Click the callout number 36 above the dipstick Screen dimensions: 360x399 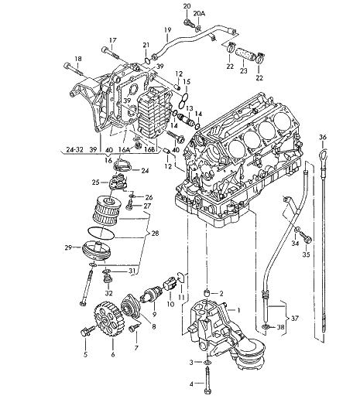click(x=323, y=137)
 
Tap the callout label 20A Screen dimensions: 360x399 click(x=199, y=14)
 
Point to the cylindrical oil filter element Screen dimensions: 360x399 click(x=105, y=210)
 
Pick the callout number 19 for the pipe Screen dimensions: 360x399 click(x=168, y=30)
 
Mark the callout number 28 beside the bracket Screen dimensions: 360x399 click(x=156, y=234)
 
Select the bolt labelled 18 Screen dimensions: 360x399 click(x=74, y=70)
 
